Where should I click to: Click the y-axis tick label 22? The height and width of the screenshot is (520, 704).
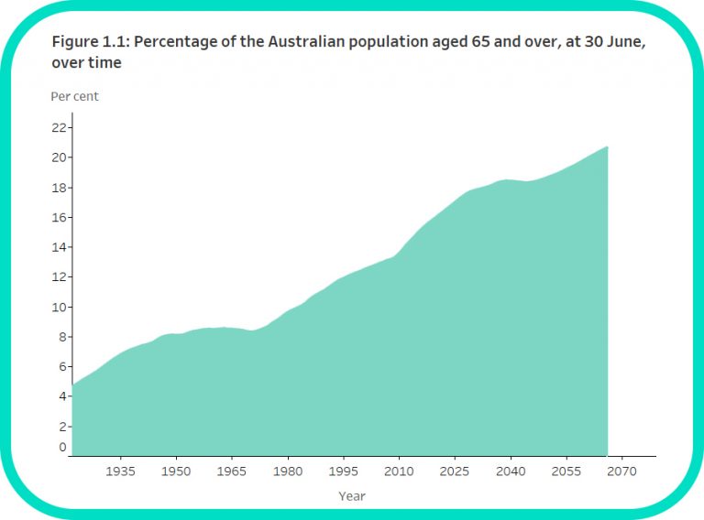click(59, 127)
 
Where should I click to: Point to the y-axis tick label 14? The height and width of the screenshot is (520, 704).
click(59, 247)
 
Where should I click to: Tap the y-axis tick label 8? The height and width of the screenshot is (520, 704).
click(61, 337)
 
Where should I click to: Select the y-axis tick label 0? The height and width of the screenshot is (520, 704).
click(62, 448)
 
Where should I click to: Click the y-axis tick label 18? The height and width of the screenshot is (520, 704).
click(59, 188)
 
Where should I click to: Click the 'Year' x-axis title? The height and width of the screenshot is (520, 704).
click(352, 496)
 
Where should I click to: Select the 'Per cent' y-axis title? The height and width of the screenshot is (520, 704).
click(74, 96)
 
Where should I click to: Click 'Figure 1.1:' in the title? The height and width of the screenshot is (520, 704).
click(90, 43)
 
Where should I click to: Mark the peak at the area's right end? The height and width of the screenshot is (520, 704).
click(607, 146)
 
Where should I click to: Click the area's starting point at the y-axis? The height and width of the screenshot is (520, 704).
click(72, 385)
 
